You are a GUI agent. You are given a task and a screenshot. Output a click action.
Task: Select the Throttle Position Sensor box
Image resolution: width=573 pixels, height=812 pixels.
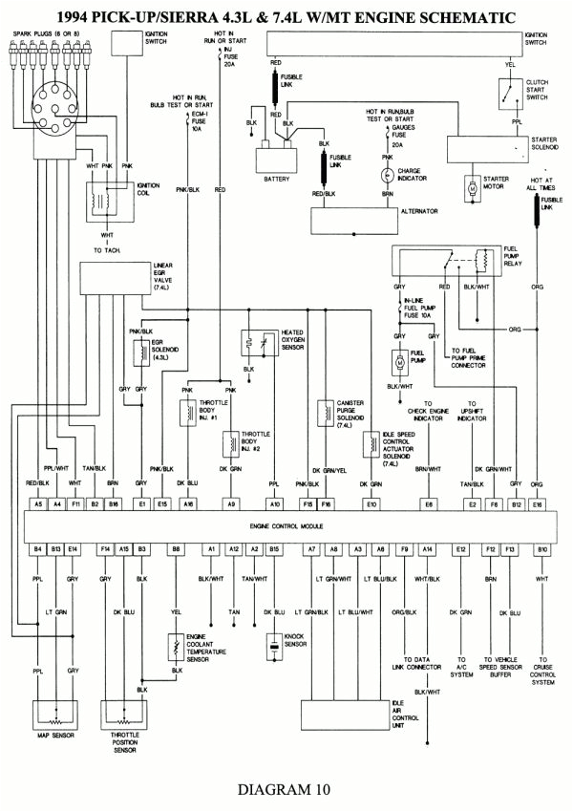pos(127,715)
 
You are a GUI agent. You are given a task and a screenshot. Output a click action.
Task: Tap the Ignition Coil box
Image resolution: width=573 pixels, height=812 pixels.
pos(100,202)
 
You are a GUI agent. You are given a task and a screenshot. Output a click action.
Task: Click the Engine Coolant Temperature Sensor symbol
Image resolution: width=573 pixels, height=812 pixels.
pos(176,648)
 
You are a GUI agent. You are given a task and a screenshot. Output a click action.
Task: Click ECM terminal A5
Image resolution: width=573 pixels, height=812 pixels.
pos(38,502)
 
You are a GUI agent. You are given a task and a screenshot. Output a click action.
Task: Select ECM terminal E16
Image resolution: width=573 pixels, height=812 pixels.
pos(538,502)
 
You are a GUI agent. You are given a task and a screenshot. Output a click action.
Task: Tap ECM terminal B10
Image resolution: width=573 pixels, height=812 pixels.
pos(542,549)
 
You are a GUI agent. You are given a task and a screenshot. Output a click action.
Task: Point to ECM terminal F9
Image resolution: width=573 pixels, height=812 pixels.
pos(404,549)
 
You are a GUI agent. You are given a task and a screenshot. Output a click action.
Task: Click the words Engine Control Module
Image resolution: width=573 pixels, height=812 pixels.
pos(286,525)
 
